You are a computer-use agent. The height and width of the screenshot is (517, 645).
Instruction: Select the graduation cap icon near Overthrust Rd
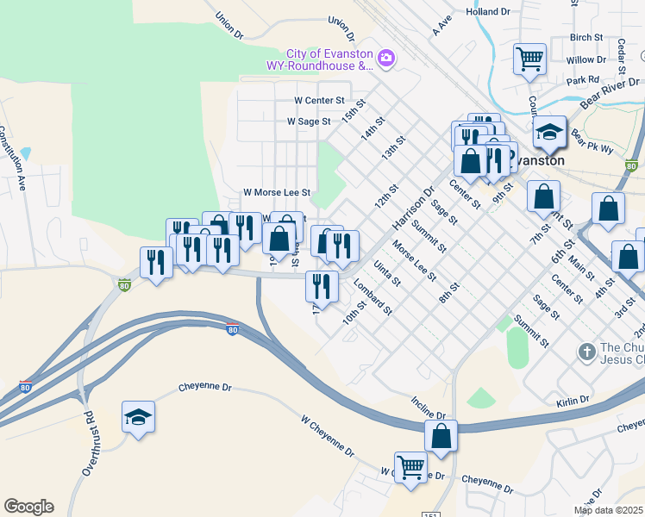[x=138, y=419]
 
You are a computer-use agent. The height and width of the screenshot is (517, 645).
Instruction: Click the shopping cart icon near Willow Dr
[x=529, y=60]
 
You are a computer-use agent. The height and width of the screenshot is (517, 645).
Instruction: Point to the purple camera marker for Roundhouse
[x=385, y=58]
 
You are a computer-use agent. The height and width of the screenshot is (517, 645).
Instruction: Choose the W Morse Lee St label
[x=276, y=191]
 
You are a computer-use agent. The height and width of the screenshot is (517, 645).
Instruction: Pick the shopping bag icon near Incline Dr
[x=441, y=437]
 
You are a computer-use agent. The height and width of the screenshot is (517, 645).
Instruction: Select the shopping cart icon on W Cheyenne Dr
[x=411, y=469]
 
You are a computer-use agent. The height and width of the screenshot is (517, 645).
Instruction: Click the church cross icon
[x=586, y=352]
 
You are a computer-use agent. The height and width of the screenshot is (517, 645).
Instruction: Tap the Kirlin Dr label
[x=572, y=400]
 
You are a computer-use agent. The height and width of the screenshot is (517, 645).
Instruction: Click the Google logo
[x=28, y=507]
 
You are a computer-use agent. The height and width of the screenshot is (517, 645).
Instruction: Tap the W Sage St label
[x=309, y=121]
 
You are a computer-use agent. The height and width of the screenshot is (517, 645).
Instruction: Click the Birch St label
[x=586, y=38]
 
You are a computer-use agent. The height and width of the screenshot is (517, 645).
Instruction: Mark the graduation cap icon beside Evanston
[x=548, y=134]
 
